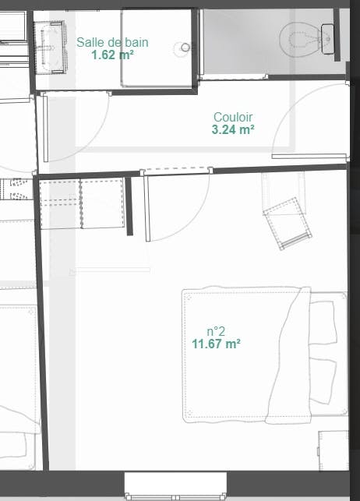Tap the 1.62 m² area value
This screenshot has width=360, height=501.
112,55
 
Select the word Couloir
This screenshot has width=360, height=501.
233,118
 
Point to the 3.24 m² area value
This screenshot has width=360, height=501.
233,131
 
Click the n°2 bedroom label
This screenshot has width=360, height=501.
216,330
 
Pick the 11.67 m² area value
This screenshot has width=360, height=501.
216,343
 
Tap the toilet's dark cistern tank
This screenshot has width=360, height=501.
328,34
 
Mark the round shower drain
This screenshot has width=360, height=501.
185,48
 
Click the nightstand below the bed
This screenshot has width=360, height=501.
332,450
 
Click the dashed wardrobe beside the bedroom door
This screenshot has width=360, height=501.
83,205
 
